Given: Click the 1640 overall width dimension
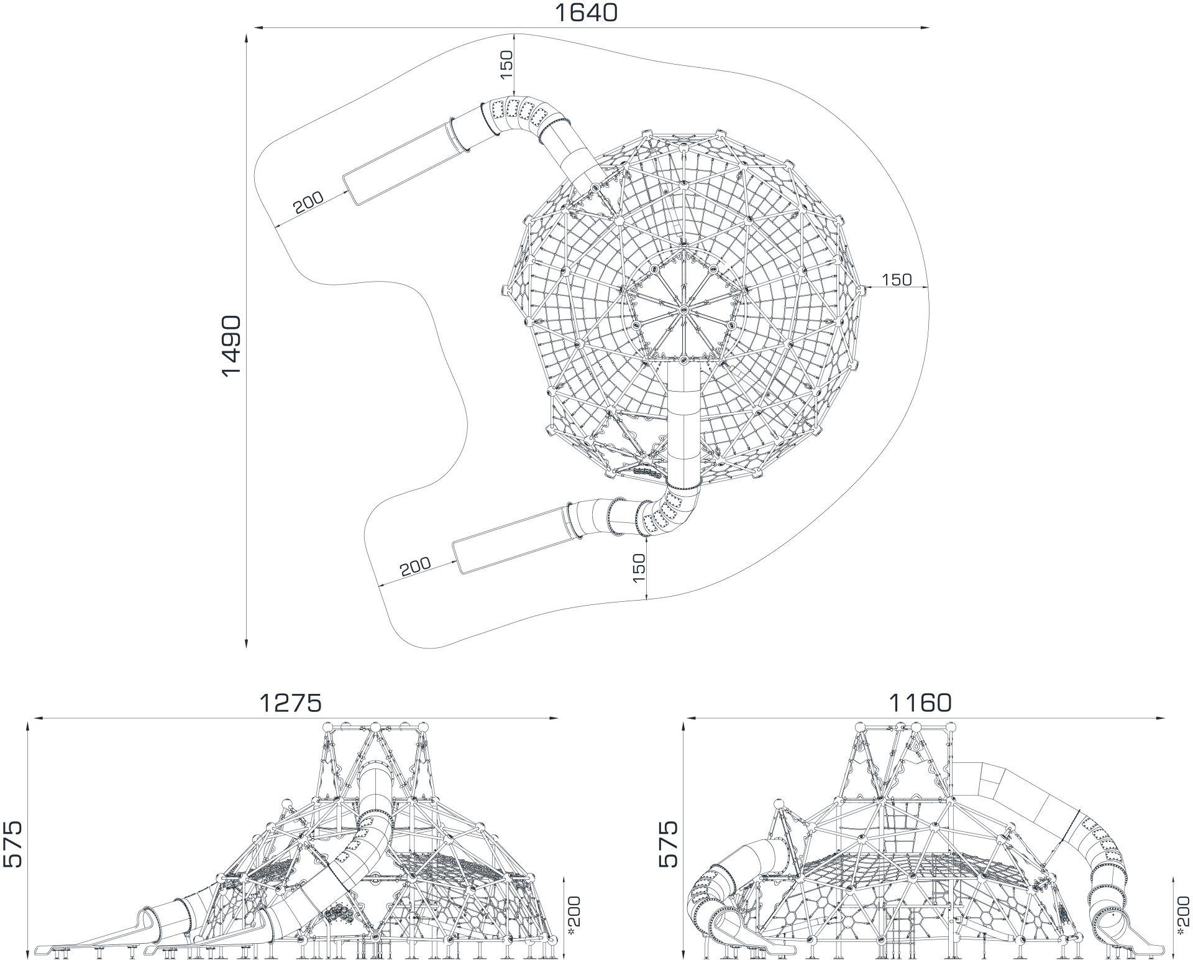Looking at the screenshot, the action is [x=585, y=12].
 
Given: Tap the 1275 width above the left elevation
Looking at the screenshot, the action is [x=291, y=703].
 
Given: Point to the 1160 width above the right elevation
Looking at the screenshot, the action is [x=920, y=703].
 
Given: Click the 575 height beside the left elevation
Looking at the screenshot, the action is [x=12, y=844].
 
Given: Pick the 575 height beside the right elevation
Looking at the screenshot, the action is [x=668, y=844].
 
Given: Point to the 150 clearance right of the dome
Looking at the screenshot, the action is [x=897, y=280].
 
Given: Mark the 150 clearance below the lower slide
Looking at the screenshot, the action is [x=639, y=568].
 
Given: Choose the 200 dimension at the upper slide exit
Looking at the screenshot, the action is [x=309, y=203].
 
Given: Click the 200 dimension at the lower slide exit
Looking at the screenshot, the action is [x=415, y=567].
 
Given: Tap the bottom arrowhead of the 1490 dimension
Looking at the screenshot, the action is [x=247, y=643].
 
